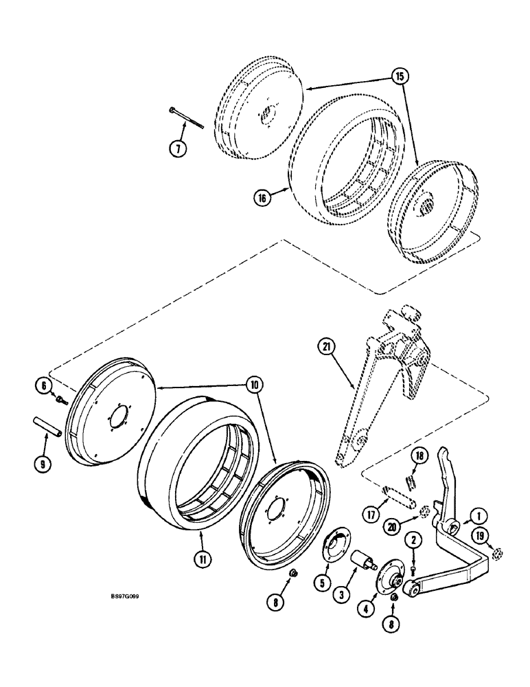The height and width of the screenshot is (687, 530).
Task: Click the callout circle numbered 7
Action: tap(177, 148)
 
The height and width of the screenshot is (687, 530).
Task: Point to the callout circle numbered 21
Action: tap(326, 348)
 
